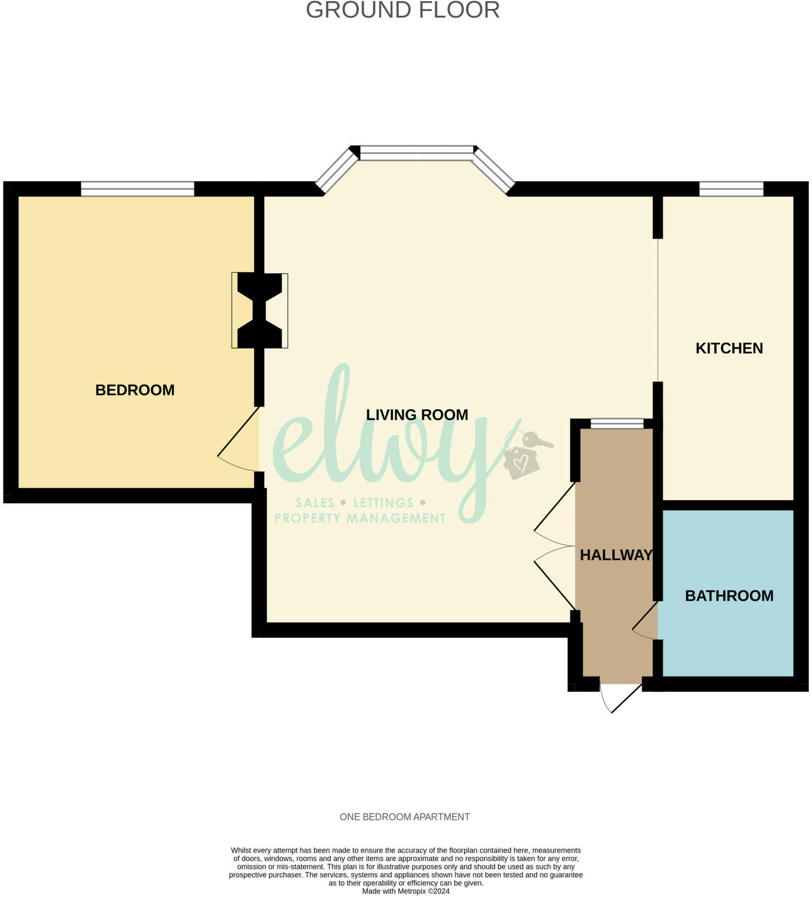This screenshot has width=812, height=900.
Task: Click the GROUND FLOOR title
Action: coord(402,10)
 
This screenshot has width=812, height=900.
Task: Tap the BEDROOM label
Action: coord(134,390)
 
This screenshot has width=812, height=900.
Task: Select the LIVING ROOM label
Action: coord(416,415)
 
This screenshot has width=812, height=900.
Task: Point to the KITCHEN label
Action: coord(729,348)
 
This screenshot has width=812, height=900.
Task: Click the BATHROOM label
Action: coord(729,595)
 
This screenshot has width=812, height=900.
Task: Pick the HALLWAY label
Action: coord(616,555)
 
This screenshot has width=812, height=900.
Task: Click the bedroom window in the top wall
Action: coord(137,189)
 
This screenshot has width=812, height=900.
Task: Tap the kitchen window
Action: coord(731,189)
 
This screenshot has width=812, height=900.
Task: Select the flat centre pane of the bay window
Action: coord(416,153)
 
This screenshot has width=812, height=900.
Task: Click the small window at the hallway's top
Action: coord(617,423)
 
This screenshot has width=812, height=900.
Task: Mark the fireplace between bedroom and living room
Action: coord(260,311)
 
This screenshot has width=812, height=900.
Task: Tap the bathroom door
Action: coord(645,622)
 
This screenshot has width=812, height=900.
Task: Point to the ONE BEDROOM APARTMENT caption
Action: coord(404,817)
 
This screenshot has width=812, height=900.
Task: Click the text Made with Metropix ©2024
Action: coord(405,891)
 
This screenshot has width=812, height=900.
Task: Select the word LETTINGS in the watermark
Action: coord(383,503)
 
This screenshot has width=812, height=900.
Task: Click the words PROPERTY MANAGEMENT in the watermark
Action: coord(360,519)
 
